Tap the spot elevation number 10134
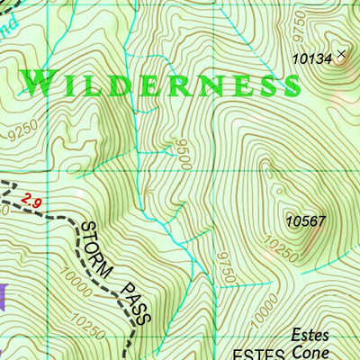point(312,58)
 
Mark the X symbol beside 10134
point(340,55)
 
